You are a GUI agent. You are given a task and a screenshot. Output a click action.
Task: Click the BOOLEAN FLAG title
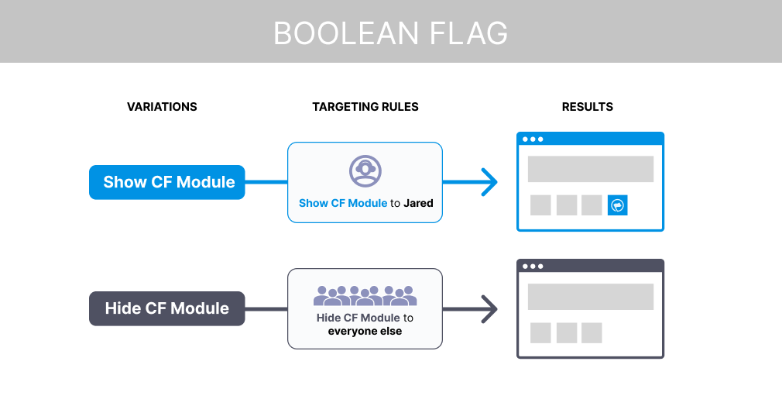pos(390,33)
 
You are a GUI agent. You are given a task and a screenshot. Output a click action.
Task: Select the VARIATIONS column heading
pos(162,107)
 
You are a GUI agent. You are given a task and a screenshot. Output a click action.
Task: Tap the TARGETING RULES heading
pos(365,107)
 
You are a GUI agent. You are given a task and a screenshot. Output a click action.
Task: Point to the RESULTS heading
pos(587,107)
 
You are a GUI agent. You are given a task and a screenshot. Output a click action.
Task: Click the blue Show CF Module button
pos(167,182)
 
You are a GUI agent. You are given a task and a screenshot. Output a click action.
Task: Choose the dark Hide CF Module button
pos(167,308)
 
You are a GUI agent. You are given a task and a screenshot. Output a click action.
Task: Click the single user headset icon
pos(365,170)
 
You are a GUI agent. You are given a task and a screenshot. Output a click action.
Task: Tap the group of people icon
pos(365,295)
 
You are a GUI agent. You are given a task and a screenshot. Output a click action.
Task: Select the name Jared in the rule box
pos(418,204)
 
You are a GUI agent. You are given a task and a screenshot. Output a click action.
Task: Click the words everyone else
pos(365,332)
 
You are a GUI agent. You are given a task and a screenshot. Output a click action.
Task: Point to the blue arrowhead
pos(488,182)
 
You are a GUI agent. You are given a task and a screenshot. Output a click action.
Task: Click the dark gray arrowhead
pos(488,308)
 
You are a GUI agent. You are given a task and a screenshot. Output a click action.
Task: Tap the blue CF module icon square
pos(617,205)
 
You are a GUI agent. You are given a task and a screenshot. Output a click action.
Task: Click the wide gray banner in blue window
pos(590,169)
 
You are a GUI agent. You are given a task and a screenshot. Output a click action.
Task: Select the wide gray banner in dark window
pos(590,296)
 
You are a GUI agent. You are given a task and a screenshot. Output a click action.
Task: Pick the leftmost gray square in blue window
pos(540,205)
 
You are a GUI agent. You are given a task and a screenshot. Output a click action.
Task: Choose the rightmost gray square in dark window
pos(592,332)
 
